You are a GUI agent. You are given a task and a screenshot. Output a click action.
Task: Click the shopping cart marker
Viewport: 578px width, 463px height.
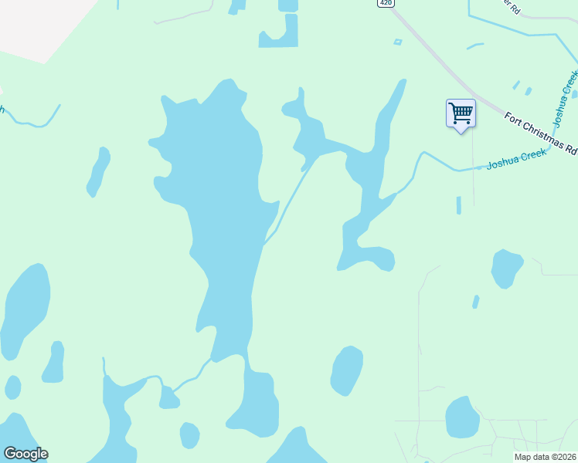coord(461,114)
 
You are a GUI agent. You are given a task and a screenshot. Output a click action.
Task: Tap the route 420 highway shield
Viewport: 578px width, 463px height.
coord(386,3)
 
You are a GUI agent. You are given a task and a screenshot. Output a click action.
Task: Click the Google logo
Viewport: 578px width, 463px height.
coord(25,454)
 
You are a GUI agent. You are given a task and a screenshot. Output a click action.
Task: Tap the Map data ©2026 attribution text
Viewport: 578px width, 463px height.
coord(544,457)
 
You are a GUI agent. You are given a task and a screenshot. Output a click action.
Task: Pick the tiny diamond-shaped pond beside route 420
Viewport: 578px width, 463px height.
coord(398,42)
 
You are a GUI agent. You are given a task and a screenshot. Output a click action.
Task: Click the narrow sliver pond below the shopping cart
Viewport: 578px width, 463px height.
coord(458,205)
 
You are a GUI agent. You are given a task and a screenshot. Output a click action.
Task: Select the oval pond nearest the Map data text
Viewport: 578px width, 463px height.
coord(462,417)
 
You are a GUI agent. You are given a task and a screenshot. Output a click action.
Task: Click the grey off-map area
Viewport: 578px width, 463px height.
coord(31,27)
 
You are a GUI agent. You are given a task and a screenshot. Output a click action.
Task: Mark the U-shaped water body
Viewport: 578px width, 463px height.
coord(279,35)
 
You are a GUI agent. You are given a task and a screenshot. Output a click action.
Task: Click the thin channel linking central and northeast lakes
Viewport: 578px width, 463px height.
coord(291,201)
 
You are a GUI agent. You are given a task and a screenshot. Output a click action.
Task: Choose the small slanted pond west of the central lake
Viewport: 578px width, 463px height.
coord(98,171)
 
